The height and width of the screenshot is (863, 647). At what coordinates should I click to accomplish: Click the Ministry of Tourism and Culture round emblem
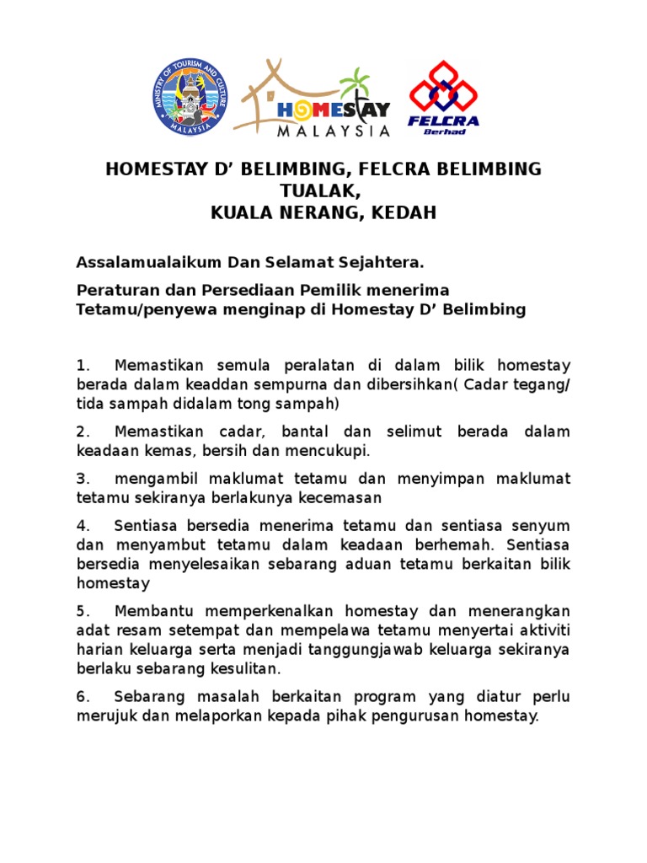[190, 98]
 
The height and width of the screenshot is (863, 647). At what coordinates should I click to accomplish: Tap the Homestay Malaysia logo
[313, 98]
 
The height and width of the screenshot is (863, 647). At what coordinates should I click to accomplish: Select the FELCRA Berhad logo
[443, 98]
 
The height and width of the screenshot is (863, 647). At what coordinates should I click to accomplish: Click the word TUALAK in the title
[323, 191]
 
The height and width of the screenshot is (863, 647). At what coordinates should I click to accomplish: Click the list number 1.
[82, 366]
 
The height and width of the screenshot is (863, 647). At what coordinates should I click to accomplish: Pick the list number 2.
[82, 431]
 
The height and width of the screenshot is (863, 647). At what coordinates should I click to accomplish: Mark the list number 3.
[82, 479]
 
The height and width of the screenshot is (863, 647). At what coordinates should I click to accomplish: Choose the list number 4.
[82, 526]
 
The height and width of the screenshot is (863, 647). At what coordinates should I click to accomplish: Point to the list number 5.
[82, 610]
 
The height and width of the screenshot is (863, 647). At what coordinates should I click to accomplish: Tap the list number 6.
[82, 697]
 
